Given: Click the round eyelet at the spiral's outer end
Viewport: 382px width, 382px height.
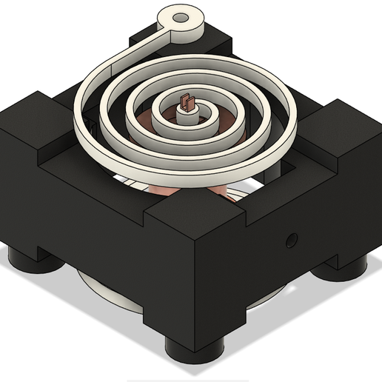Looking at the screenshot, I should coord(183,20).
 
